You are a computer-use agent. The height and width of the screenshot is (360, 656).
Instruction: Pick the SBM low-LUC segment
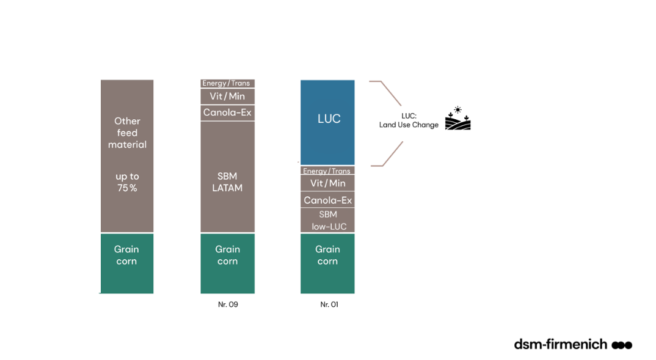coord(327,220)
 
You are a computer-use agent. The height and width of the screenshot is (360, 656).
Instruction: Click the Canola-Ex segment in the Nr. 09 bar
coord(227,112)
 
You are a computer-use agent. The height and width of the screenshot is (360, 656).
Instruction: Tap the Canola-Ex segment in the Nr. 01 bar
coord(327,200)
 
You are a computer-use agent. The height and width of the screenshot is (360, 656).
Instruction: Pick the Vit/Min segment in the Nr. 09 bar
coord(227,96)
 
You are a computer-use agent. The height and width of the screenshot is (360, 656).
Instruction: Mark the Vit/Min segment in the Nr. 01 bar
coord(327,183)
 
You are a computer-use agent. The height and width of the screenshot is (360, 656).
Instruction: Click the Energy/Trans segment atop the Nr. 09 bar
coord(227,83)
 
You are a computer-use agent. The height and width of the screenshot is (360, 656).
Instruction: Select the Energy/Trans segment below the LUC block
coord(327,171)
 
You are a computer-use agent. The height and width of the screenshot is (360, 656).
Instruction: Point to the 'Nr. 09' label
coord(228,304)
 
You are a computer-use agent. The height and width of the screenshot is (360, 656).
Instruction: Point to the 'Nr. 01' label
coord(329,304)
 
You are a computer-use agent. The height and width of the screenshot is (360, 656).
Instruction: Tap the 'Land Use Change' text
coord(409,125)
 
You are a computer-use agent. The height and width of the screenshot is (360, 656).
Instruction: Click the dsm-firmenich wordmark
coord(560,344)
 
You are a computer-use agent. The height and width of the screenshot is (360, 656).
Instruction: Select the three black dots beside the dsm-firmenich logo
coord(622,345)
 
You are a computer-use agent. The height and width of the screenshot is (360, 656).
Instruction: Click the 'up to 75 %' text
coord(127,182)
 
